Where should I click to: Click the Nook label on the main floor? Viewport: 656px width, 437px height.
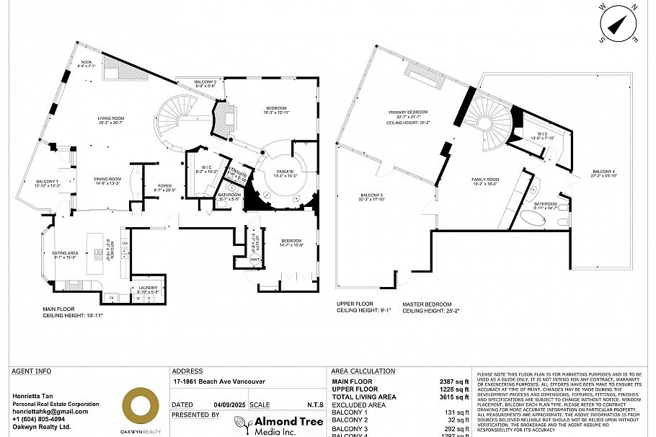(x=87, y=63)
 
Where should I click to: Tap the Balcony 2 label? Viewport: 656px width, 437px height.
(x=205, y=82)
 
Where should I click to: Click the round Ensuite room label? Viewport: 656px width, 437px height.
(x=284, y=172)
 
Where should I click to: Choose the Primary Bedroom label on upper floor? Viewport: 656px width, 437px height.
(x=408, y=113)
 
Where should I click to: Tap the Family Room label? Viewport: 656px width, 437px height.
(x=485, y=180)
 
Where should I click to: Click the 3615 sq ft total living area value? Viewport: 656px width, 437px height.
(x=456, y=396)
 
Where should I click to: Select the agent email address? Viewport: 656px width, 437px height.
(x=50, y=412)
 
